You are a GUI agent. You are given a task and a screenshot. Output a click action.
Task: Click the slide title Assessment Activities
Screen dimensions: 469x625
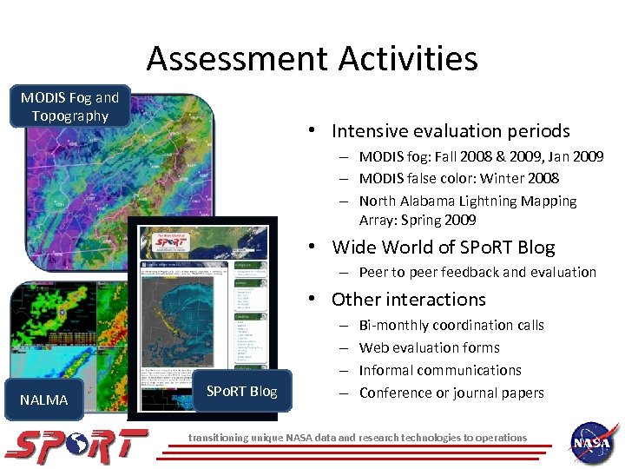tap(312, 59)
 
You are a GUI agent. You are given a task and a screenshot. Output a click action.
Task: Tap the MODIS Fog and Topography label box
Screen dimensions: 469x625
tap(70, 107)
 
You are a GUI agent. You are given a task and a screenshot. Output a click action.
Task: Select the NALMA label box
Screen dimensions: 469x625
tap(43, 400)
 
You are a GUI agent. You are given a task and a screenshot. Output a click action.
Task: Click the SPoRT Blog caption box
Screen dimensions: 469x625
tap(241, 392)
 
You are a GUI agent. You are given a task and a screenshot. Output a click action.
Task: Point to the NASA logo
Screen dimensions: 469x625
tap(593, 445)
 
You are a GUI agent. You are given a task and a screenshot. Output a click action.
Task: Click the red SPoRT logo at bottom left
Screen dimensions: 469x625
tap(76, 446)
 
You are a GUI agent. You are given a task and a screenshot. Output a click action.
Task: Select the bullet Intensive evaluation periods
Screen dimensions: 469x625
tap(450, 131)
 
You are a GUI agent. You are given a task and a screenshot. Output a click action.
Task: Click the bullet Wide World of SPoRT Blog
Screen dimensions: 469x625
tap(443, 247)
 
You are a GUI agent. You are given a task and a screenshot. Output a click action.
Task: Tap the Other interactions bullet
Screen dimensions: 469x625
tap(408, 300)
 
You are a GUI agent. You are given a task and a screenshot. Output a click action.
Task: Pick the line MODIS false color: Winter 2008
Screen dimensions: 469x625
tap(458, 178)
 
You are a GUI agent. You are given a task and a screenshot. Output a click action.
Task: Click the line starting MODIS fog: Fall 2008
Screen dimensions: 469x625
tap(480, 156)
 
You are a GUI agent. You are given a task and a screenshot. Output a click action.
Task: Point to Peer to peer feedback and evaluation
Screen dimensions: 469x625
tap(477, 272)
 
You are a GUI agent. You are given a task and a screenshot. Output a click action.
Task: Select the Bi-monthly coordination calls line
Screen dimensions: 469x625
tap(451, 325)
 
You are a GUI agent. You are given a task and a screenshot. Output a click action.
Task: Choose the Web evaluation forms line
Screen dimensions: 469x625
tap(429, 347)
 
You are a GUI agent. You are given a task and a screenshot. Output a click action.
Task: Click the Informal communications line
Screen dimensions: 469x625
tap(440, 370)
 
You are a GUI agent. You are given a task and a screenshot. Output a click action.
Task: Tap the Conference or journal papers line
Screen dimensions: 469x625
tap(451, 393)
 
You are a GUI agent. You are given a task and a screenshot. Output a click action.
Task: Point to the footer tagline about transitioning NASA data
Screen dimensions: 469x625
tap(358, 438)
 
